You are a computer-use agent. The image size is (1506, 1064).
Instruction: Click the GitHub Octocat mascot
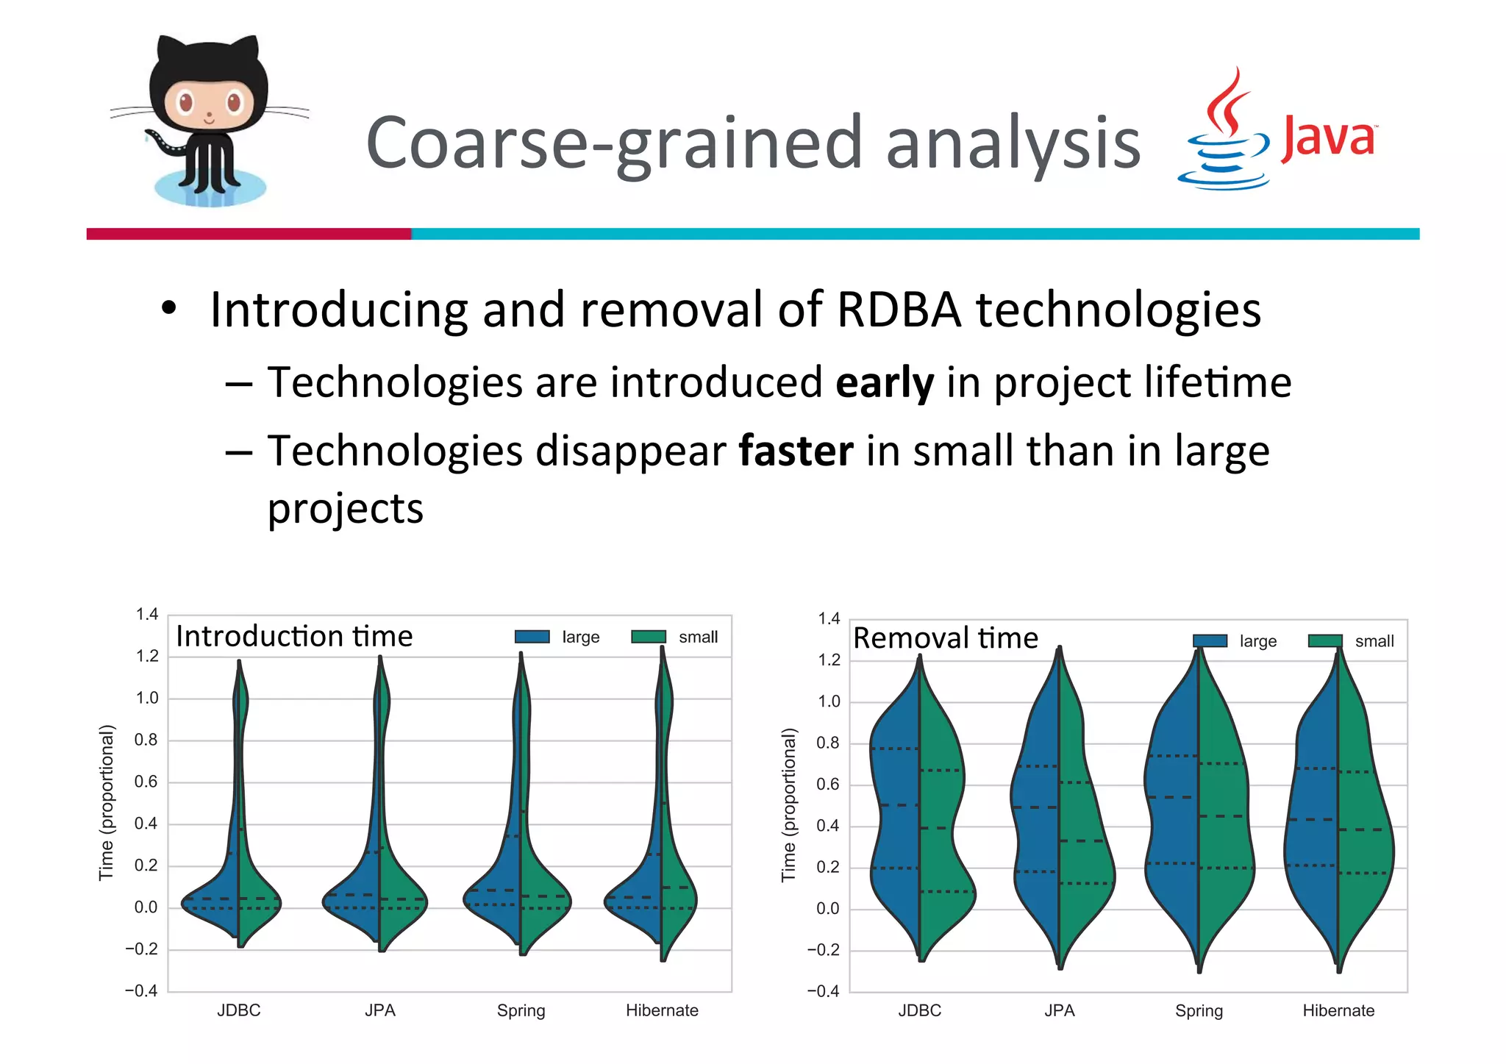pos(208,121)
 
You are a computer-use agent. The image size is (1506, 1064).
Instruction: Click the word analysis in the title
pos(1013,143)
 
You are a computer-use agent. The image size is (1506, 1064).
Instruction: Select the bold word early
pos(885,383)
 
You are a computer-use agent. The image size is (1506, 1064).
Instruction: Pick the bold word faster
pos(796,451)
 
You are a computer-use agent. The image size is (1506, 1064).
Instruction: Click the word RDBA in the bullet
pos(899,310)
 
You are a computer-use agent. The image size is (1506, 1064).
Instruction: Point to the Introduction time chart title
pos(294,636)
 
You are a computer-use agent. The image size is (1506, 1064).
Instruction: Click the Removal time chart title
pos(946,638)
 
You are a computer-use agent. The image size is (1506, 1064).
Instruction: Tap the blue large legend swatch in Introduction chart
pos(532,637)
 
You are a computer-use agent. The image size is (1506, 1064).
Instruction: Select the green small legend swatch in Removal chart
pos(1325,641)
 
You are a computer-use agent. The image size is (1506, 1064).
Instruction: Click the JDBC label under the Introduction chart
pos(238,1010)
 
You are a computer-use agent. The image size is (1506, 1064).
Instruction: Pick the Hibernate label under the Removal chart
pos(1338,1011)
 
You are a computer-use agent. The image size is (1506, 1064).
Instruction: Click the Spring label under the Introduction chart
pos(521,1011)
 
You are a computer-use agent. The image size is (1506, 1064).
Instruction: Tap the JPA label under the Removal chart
pos(1059,1011)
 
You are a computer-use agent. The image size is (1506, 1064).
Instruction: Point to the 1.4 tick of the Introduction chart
pos(147,614)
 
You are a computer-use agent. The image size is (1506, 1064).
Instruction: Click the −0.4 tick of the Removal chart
pos(823,991)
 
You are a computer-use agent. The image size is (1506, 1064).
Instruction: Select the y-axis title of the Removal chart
pos(788,804)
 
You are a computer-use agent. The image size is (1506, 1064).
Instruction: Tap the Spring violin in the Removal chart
pos(1199,809)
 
